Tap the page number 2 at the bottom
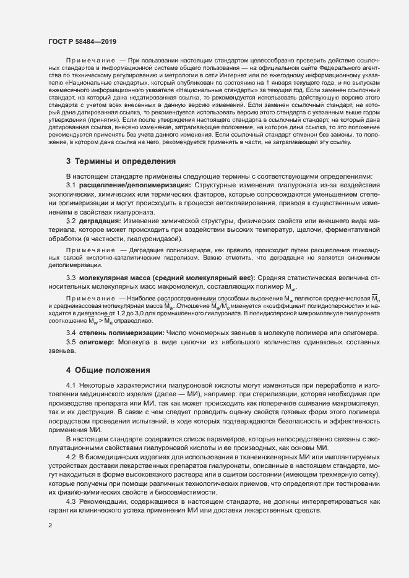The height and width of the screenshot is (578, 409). pos(50,525)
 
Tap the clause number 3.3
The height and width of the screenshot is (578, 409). pos(71,278)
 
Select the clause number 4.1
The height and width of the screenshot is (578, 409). pos(71,386)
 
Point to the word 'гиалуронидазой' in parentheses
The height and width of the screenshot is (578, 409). pos(154,238)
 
